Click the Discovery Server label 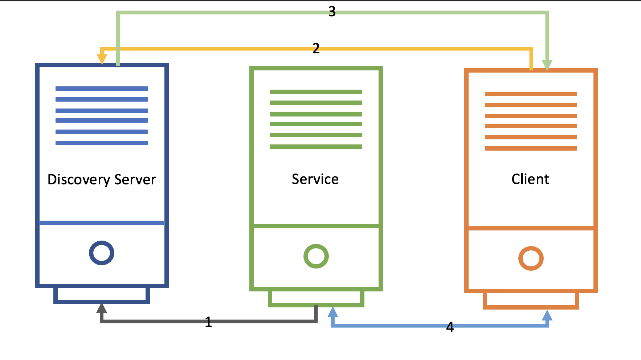(102, 180)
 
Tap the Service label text (315, 179)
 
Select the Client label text (530, 179)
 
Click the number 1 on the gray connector (208, 322)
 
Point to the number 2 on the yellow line (316, 48)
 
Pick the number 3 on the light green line (332, 12)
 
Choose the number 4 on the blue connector (450, 327)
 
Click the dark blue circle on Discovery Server (102, 253)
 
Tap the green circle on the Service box (316, 256)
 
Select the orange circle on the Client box (531, 258)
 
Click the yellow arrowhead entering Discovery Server (102, 58)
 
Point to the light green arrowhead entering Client (547, 65)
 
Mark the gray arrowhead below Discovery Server (102, 308)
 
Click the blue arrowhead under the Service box (333, 312)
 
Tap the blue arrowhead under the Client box (547, 315)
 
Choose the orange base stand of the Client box (531, 307)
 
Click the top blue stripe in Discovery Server (102, 89)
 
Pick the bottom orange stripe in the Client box (531, 148)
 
